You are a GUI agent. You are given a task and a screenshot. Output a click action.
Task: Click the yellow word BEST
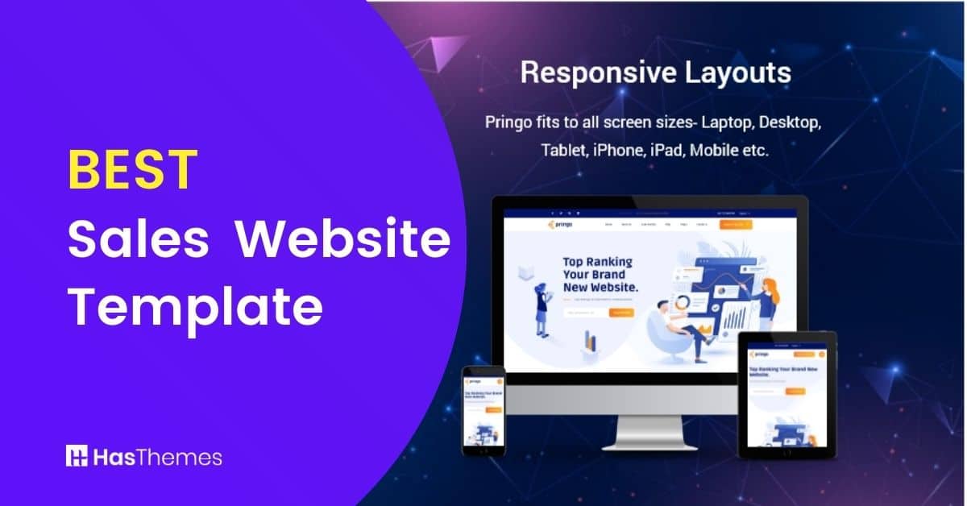[132, 170]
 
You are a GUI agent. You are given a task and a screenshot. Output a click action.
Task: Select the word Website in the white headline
[347, 239]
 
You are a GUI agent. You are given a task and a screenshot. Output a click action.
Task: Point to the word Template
[195, 306]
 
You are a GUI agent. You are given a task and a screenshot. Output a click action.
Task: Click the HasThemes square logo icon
[77, 456]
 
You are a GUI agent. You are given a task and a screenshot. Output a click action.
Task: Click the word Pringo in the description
[508, 123]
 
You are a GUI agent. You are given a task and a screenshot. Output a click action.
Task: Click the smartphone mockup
[483, 410]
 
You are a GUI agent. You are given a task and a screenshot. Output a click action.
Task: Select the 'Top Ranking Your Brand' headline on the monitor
[598, 274]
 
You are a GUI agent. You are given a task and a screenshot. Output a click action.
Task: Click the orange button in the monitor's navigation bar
[735, 224]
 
